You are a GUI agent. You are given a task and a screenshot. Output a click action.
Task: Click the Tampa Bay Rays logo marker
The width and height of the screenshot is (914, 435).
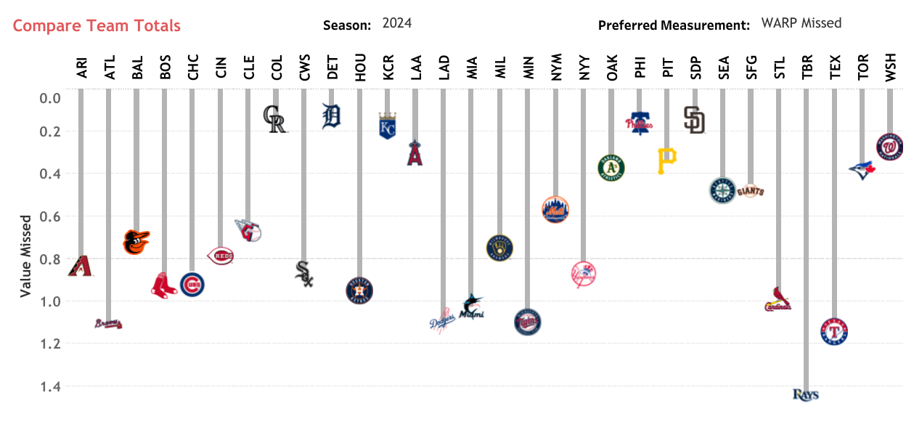805,395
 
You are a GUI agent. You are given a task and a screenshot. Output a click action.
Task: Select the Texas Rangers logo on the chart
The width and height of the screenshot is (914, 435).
833,332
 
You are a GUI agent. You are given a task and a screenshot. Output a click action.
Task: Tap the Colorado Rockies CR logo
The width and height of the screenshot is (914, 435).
275,119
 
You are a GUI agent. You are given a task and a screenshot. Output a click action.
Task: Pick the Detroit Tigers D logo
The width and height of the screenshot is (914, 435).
331,116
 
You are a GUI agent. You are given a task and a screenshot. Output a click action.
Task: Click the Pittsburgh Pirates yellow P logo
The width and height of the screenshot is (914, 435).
666,160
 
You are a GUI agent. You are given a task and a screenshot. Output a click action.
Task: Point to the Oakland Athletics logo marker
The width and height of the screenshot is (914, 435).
611,168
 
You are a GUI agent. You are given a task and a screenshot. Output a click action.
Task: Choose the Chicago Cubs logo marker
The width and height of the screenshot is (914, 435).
192,285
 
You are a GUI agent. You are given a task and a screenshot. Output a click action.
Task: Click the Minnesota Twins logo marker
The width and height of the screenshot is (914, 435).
527,322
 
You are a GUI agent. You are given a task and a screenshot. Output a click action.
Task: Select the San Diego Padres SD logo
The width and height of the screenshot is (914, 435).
694,120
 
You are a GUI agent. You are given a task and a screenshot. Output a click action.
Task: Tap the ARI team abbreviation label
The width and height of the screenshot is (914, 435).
81,68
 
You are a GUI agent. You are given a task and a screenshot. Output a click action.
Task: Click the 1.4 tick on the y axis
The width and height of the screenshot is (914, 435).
49,386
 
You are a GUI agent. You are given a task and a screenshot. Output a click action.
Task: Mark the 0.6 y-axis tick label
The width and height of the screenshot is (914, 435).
49,216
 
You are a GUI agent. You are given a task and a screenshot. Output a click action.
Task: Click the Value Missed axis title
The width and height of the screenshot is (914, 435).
25,255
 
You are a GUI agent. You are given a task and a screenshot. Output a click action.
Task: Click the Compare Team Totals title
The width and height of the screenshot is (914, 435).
97,26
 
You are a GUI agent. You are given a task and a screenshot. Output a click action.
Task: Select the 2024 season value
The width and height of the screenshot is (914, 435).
397,23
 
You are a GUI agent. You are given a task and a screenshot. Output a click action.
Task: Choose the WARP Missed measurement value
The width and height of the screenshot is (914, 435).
801,23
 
